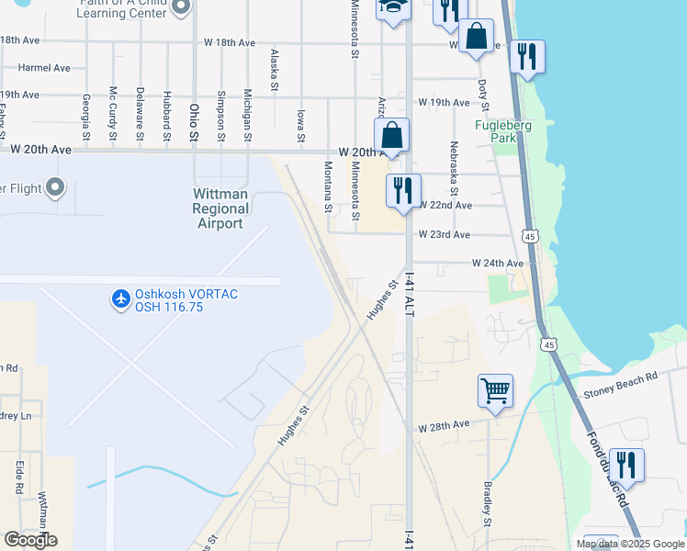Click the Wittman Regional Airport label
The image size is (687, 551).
coord(220,208)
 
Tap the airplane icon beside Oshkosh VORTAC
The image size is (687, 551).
coord(120,299)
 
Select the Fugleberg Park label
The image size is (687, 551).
coord(496,131)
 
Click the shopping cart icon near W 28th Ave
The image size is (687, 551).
coord(495,390)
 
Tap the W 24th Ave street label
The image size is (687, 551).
coord(498,264)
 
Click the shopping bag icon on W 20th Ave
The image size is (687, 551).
coord(391,134)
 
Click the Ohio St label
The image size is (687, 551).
coord(194,121)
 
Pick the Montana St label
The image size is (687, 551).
coord(328,186)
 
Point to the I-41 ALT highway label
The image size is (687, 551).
coord(410,294)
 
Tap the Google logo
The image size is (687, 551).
coord(30,540)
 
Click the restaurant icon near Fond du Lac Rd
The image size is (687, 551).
coord(626,464)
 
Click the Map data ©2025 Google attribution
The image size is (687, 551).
coord(630,544)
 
